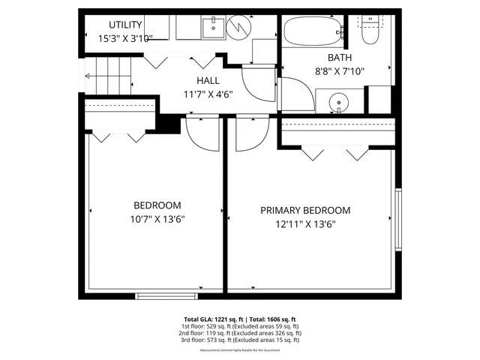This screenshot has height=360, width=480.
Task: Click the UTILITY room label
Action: coord(125,25)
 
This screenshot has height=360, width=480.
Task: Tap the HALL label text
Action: coord(208,81)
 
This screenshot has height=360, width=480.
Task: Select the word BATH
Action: coord(340,58)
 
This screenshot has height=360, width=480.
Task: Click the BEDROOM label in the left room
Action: coord(157,205)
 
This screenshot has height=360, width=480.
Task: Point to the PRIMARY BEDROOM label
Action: coord(305,211)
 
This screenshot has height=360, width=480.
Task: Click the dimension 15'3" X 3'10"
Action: coord(126,37)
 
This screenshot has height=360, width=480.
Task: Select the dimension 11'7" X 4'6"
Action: coord(208,94)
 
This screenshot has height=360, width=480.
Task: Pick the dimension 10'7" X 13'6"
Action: coord(157,219)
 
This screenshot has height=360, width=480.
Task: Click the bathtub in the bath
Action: coord(311,31)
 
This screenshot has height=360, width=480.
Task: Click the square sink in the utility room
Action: coord(211,29)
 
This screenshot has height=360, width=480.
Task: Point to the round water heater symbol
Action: coord(241,28)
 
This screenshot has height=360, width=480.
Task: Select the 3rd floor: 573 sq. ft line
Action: coord(241,340)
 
